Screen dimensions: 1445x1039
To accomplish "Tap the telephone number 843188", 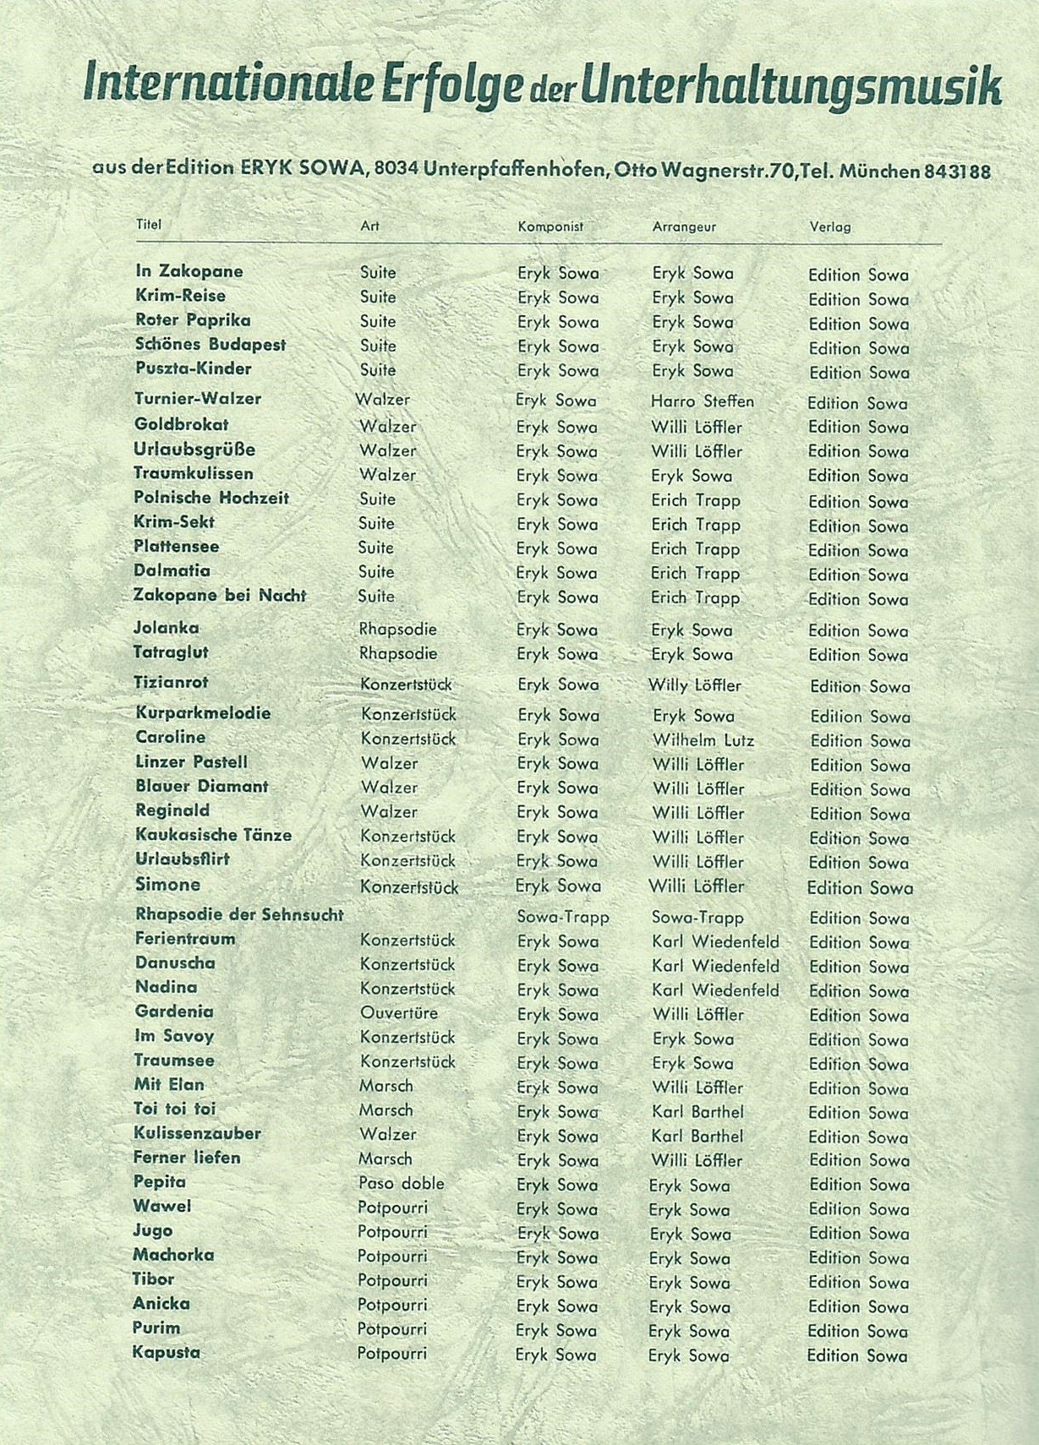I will pos(957,172).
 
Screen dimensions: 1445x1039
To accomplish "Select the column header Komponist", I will pos(550,226).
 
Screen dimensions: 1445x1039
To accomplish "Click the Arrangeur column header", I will pos(684,226).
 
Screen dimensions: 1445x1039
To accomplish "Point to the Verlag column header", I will pos(829,226).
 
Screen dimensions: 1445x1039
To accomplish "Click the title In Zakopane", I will pos(189,271).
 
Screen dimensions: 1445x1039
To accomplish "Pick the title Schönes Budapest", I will pos(211,345).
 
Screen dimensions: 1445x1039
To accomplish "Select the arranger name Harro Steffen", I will pos(702,401).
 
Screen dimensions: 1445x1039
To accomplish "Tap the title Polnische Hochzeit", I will pos(211,499).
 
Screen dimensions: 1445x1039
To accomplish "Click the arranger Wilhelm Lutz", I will pos(703,740).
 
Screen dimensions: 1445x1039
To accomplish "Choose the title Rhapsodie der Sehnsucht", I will pos(239,914).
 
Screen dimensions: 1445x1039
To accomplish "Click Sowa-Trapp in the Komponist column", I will pos(563,917).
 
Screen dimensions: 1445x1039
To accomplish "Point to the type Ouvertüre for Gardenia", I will pos(399,1012).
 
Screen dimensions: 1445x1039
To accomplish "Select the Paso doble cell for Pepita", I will pos(401,1183).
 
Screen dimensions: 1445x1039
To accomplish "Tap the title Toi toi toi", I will pos(174,1109).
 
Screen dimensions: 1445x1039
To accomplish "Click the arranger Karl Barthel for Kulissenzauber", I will pos(697,1136).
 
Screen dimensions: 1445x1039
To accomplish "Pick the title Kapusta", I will pos(166,1352).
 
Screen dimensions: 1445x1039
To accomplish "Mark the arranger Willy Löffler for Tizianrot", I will pos(694,685).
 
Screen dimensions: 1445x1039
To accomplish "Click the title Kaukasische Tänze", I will pos(213,835).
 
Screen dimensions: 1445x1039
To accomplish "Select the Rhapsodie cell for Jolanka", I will pos(397,629).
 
